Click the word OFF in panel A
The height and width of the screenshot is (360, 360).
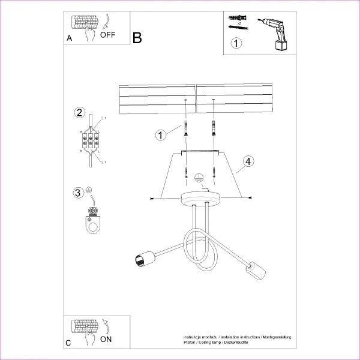(x=108, y=34)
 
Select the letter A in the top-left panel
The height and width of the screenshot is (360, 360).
(x=70, y=38)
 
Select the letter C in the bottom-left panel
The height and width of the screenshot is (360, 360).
(x=68, y=343)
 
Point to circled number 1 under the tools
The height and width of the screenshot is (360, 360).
(x=237, y=43)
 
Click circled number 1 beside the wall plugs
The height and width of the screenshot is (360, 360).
(x=160, y=134)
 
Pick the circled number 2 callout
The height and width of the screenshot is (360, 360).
(x=79, y=113)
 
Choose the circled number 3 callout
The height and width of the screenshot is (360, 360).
(x=77, y=193)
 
